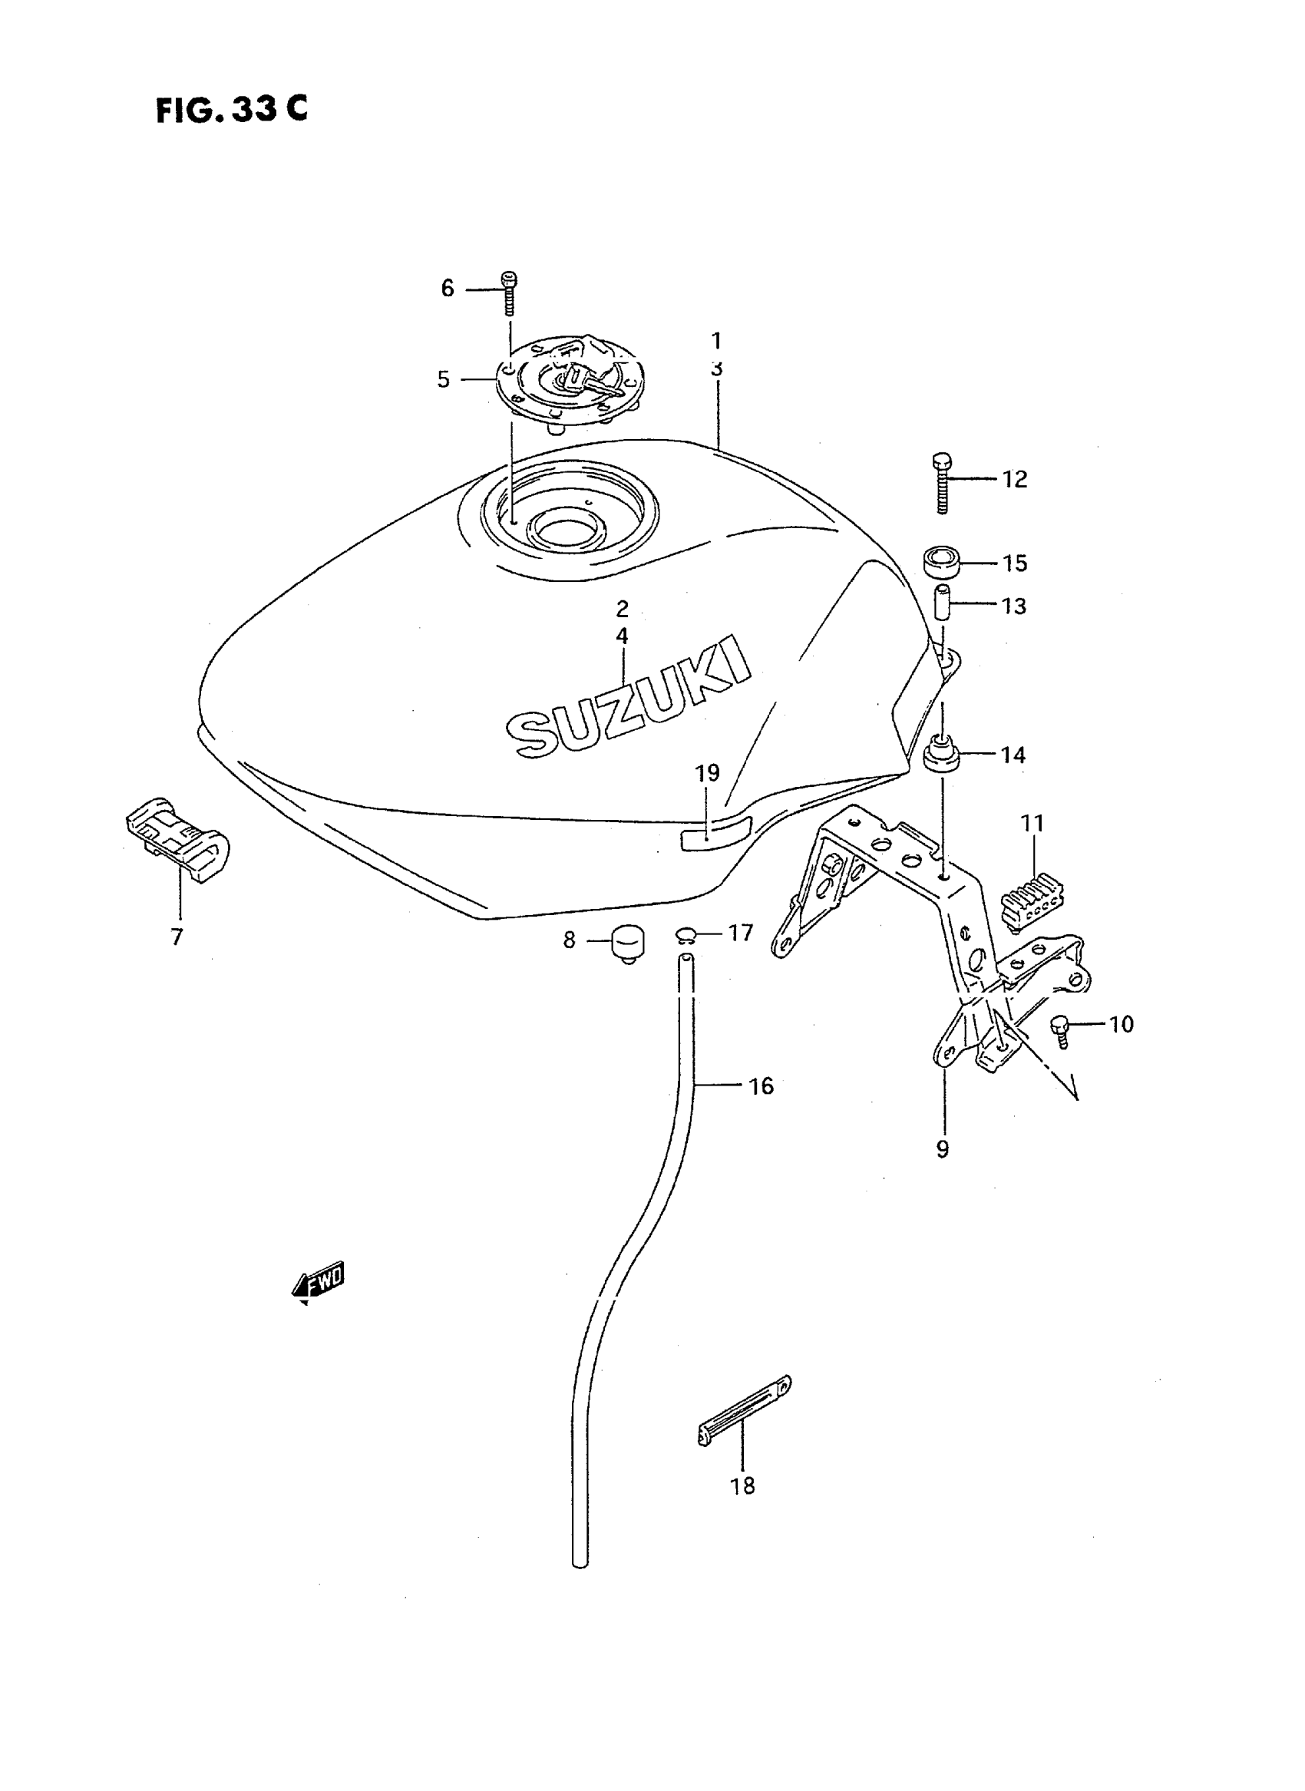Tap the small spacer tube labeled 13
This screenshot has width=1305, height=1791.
(x=942, y=604)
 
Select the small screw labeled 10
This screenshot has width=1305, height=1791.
(x=1060, y=1029)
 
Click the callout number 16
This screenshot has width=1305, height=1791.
(x=761, y=1086)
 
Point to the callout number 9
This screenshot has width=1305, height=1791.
(x=943, y=1148)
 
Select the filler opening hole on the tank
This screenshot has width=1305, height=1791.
(x=565, y=527)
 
